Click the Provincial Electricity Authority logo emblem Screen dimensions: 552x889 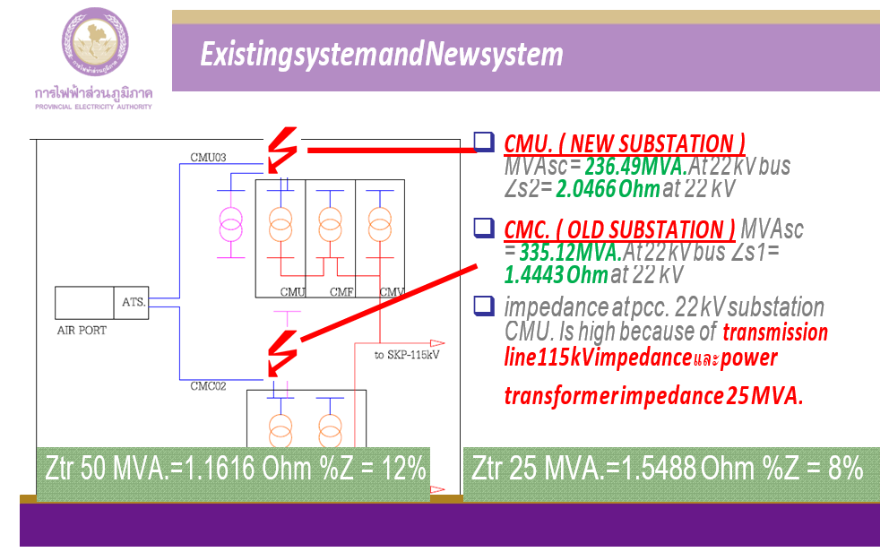94,45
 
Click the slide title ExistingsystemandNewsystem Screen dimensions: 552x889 382,56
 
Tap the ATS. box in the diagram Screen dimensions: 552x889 134,302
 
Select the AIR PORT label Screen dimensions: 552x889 82,331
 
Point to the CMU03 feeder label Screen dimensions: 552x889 208,158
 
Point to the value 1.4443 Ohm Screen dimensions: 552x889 556,274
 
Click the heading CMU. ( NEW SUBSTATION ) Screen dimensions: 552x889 626,143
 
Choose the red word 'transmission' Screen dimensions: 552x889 775,333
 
